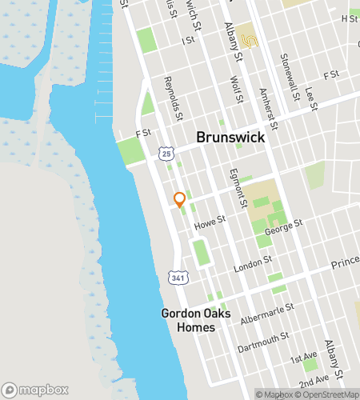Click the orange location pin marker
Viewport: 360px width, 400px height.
pyautogui.click(x=179, y=200)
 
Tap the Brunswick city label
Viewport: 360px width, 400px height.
pyautogui.click(x=231, y=138)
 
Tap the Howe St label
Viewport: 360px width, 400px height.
pyautogui.click(x=211, y=226)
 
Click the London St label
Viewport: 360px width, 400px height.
pyautogui.click(x=248, y=266)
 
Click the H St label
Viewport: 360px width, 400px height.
pyautogui.click(x=350, y=18)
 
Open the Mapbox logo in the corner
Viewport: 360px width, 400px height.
pyautogui.click(x=39, y=390)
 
